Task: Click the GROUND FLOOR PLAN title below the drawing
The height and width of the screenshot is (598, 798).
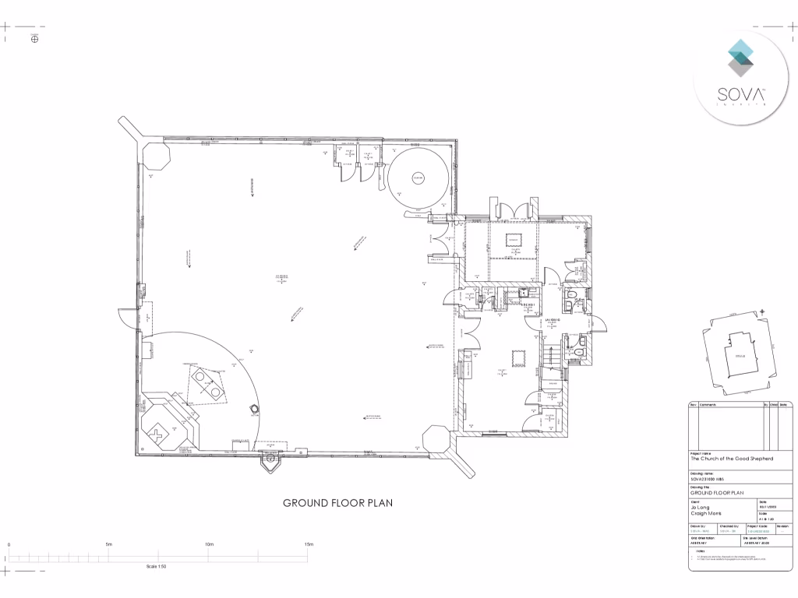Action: click(337, 503)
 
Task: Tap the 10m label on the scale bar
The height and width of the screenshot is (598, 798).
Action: click(209, 544)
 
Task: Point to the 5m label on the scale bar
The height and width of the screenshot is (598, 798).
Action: click(109, 544)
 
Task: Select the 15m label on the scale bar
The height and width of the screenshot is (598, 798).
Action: click(309, 544)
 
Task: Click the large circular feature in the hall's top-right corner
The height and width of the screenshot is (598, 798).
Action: click(418, 177)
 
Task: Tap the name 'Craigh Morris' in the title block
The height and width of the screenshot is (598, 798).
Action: click(704, 514)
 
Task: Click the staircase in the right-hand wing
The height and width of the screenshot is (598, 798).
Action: click(550, 355)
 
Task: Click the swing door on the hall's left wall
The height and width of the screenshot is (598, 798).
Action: click(125, 317)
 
